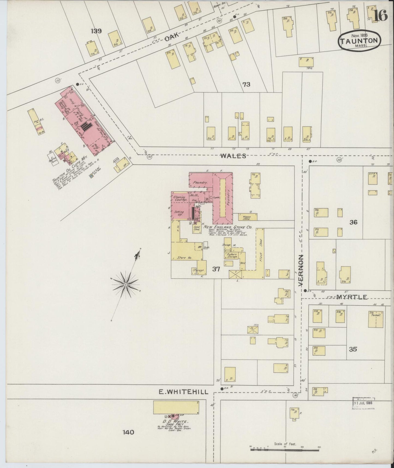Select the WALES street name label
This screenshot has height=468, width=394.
(x=233, y=156)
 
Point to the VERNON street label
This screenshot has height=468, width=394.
(x=301, y=270)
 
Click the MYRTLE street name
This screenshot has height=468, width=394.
(x=348, y=297)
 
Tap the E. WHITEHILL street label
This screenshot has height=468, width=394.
(x=184, y=392)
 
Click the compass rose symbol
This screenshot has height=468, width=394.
(x=126, y=284)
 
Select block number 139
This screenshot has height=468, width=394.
(x=97, y=31)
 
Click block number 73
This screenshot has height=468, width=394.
(x=246, y=85)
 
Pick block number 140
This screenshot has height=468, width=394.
(x=128, y=432)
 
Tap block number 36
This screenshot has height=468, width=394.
(x=353, y=222)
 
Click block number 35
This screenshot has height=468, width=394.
(x=353, y=349)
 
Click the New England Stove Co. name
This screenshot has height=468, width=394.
(x=227, y=227)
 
